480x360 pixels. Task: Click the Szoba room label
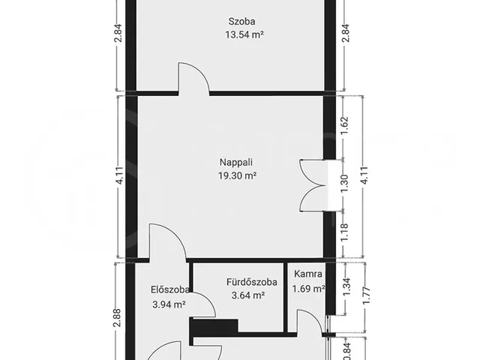tap(241, 22)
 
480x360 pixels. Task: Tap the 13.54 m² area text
tap(244, 34)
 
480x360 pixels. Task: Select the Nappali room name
tap(236, 162)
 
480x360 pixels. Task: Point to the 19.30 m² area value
tap(237, 175)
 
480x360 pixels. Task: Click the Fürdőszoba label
tap(252, 282)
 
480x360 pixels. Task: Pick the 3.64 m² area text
tap(248, 295)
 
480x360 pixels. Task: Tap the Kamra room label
tap(308, 274)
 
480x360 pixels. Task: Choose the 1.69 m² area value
tap(308, 289)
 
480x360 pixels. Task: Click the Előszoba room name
tap(170, 289)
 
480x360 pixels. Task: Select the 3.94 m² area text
tap(169, 304)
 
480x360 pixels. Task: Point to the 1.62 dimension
tap(345, 125)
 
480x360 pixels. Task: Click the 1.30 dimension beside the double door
tap(345, 184)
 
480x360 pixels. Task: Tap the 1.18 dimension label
tap(345, 232)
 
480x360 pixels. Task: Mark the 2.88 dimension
tap(117, 318)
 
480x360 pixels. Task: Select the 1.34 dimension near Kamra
tap(347, 287)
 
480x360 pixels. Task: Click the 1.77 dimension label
tap(367, 295)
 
